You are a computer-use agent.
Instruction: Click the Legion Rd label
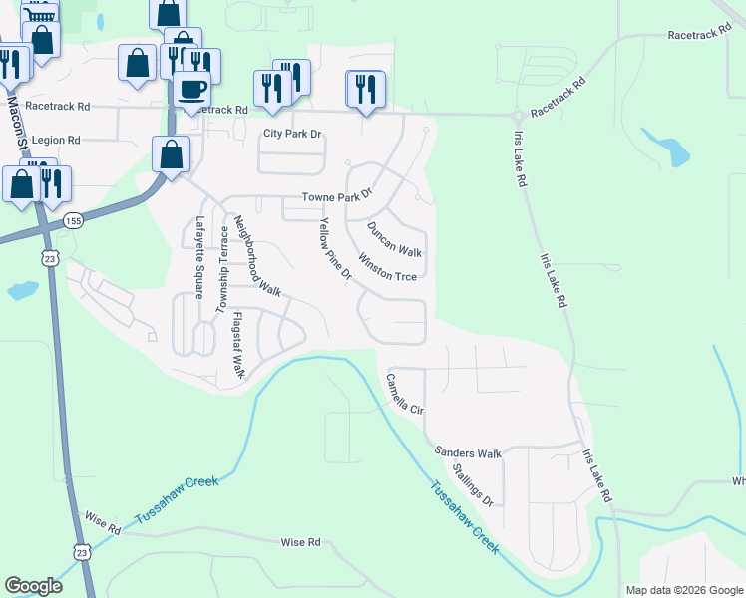pos(55,141)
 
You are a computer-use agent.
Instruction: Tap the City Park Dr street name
pos(292,134)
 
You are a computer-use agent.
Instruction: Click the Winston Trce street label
pos(387,270)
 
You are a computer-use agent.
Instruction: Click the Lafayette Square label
pos(200,258)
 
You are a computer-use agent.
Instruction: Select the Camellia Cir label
pos(405,394)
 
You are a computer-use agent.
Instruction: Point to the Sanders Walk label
pos(468,453)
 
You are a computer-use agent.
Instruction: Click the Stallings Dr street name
pos(472,483)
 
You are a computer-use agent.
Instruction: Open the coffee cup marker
pos(190,89)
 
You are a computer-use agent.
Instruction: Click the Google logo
pos(33,586)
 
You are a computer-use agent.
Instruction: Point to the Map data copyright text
pos(683,590)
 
